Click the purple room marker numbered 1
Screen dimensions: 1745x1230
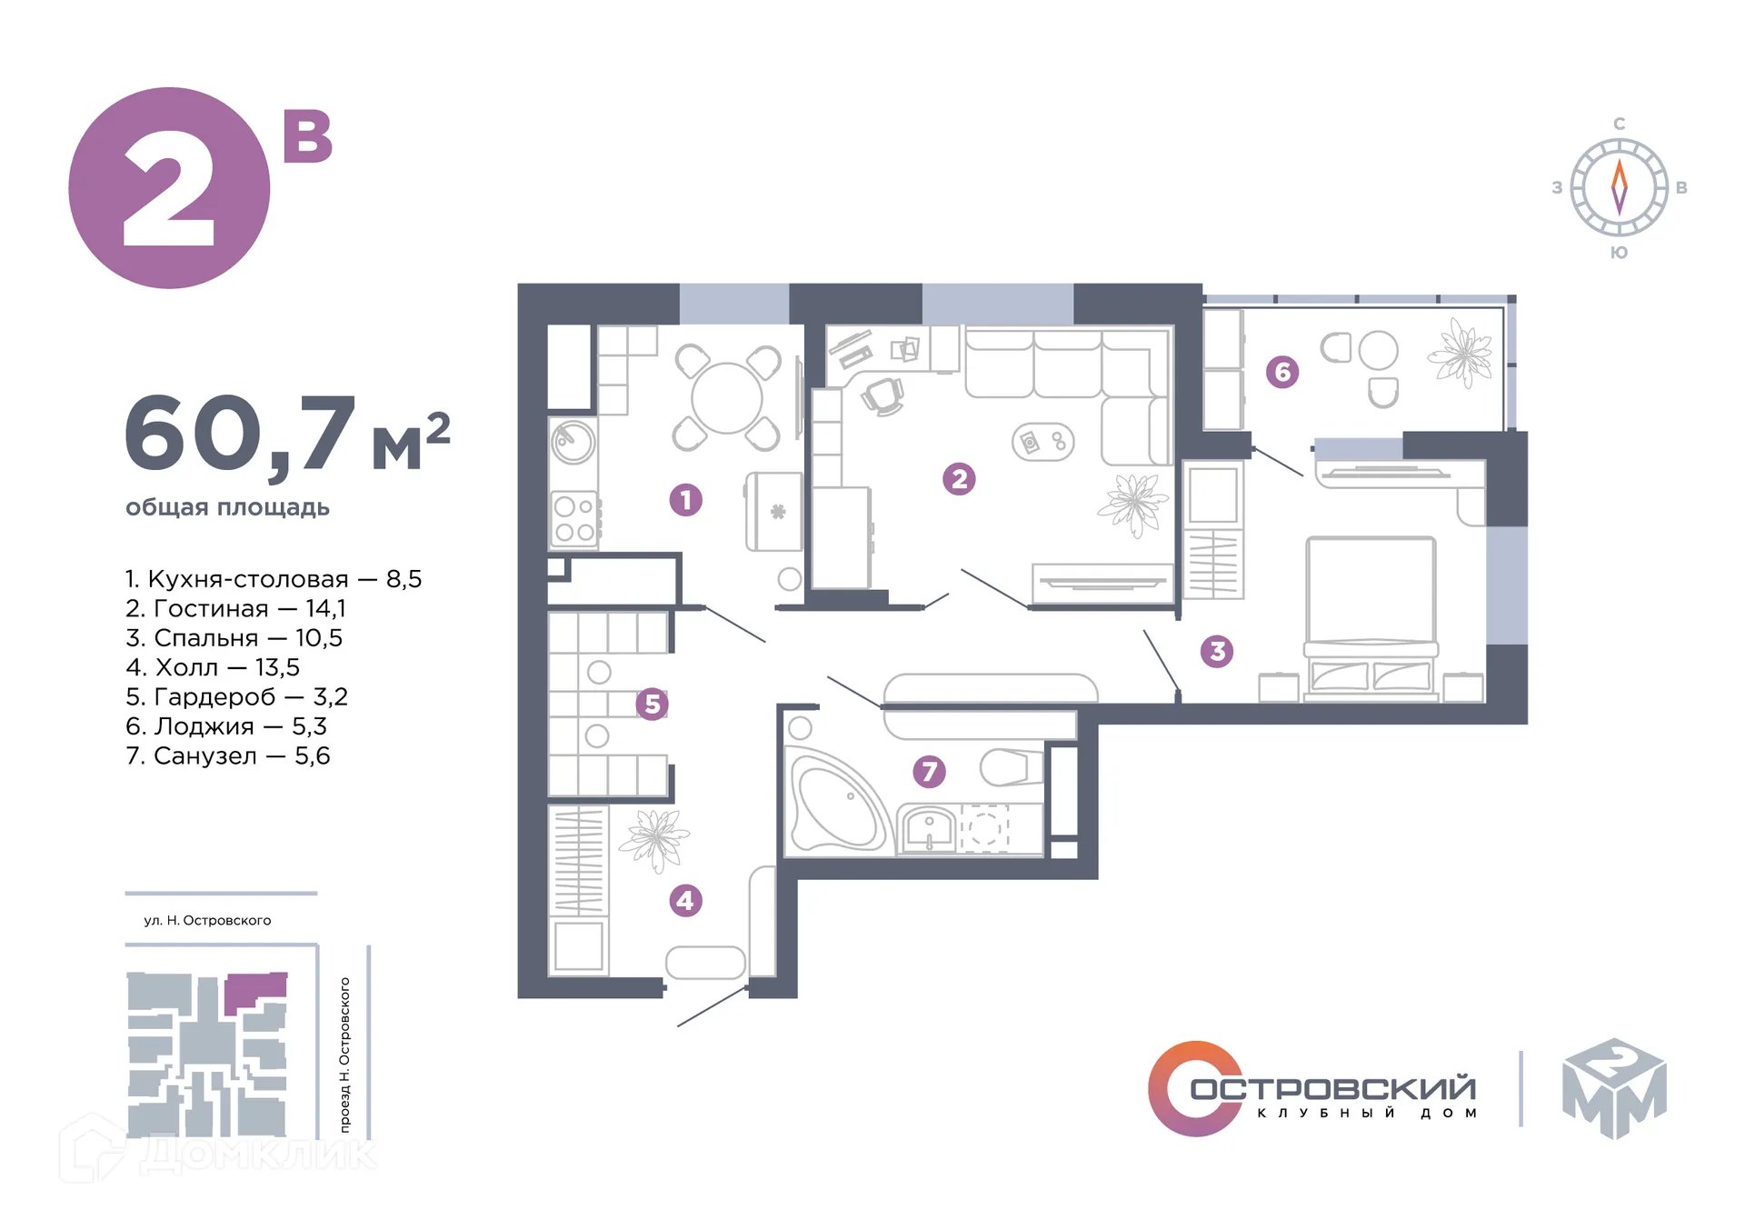point(685,499)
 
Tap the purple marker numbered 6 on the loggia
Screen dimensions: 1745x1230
point(1282,371)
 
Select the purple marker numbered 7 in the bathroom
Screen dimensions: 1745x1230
point(929,772)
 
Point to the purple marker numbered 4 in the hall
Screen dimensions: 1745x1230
point(685,901)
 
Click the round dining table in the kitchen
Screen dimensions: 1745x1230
point(726,398)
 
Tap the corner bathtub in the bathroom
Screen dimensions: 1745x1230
point(838,801)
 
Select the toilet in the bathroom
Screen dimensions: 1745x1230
point(1012,767)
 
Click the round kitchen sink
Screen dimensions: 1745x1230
point(573,443)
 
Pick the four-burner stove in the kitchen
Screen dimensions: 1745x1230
point(574,519)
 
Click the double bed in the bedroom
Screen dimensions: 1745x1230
point(1371,618)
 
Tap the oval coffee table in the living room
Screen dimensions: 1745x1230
point(1043,443)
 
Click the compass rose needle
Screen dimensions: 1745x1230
point(1619,187)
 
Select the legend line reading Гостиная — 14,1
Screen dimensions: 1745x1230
point(235,608)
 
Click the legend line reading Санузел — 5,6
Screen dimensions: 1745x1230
point(228,755)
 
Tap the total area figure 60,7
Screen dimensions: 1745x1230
point(239,435)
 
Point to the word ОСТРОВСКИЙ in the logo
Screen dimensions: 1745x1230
point(1333,1087)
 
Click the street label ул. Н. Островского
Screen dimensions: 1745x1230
point(207,920)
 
